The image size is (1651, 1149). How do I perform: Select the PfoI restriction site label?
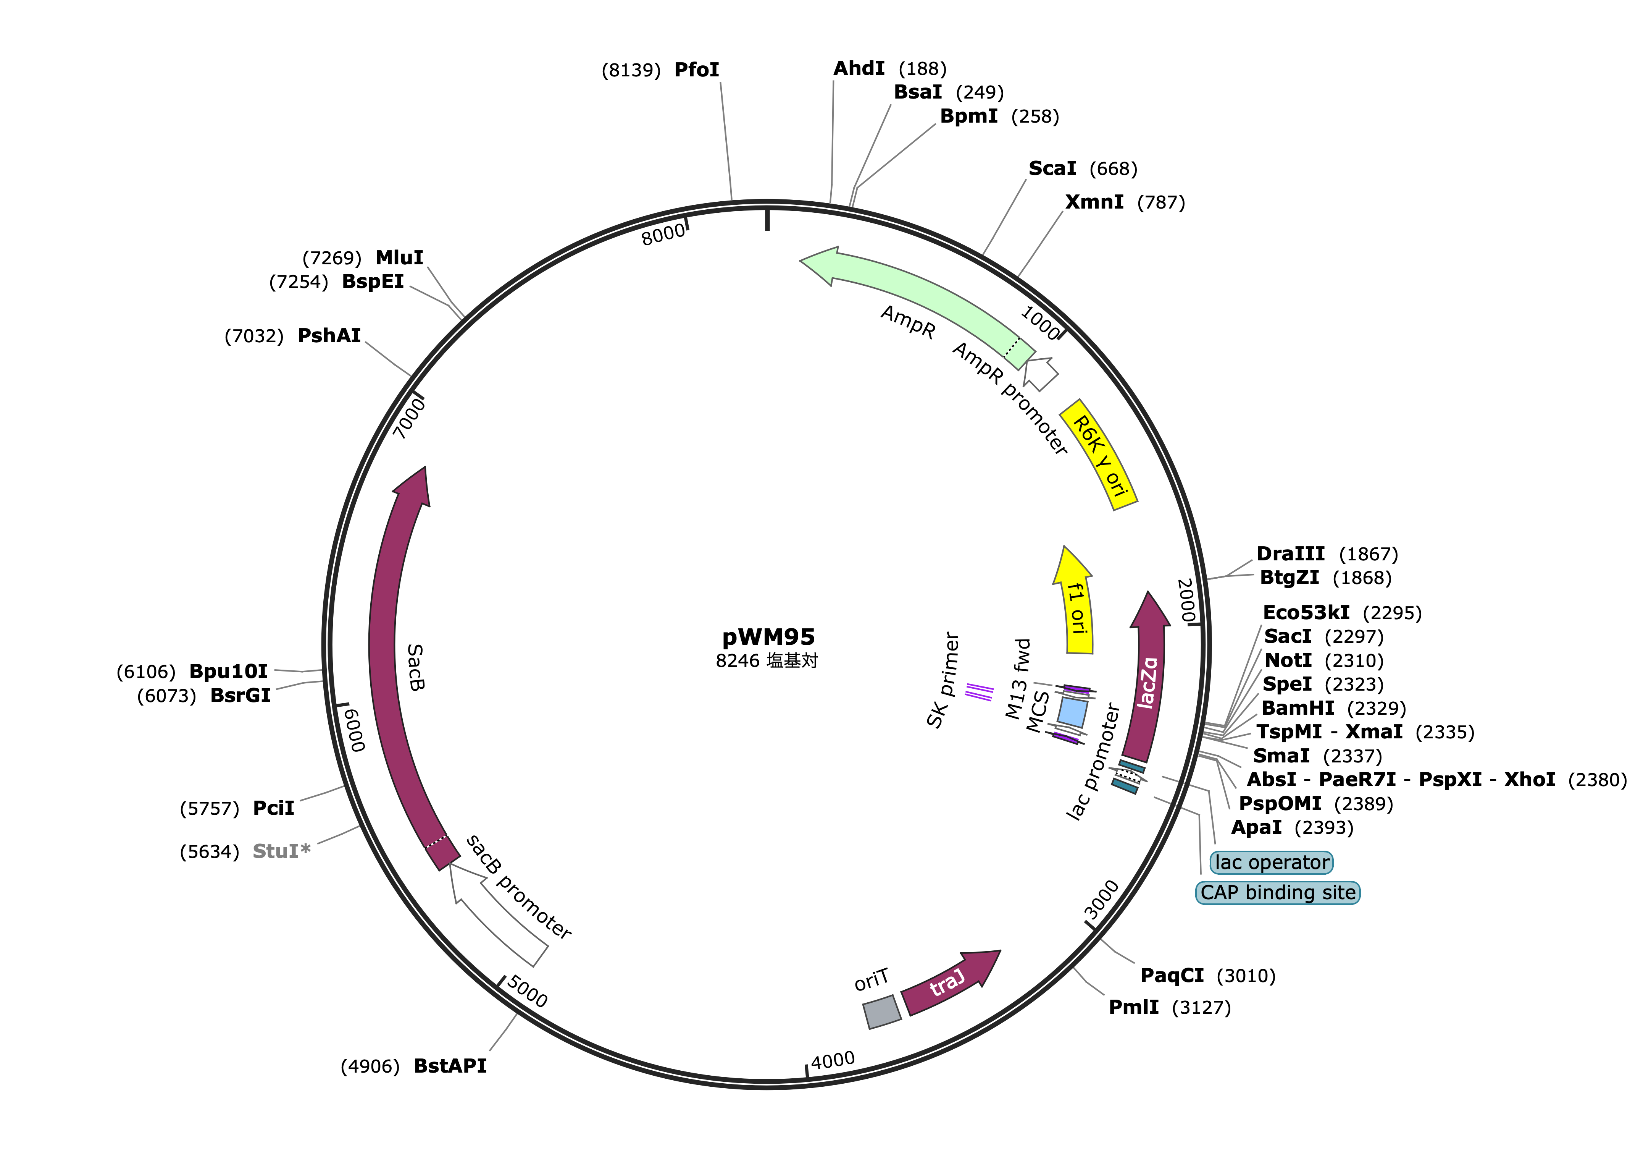(x=696, y=70)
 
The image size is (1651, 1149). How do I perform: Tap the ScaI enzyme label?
(x=1052, y=168)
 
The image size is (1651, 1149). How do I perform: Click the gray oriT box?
(x=881, y=1011)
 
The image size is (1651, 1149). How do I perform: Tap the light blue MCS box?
(x=1072, y=712)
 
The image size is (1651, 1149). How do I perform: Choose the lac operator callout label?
(x=1271, y=862)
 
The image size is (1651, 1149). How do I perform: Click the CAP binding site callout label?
(x=1278, y=892)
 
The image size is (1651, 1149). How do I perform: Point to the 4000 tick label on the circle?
(x=833, y=1060)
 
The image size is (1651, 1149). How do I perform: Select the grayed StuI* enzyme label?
(x=281, y=851)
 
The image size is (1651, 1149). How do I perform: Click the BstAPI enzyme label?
(x=450, y=1066)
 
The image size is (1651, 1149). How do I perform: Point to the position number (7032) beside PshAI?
(x=254, y=336)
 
